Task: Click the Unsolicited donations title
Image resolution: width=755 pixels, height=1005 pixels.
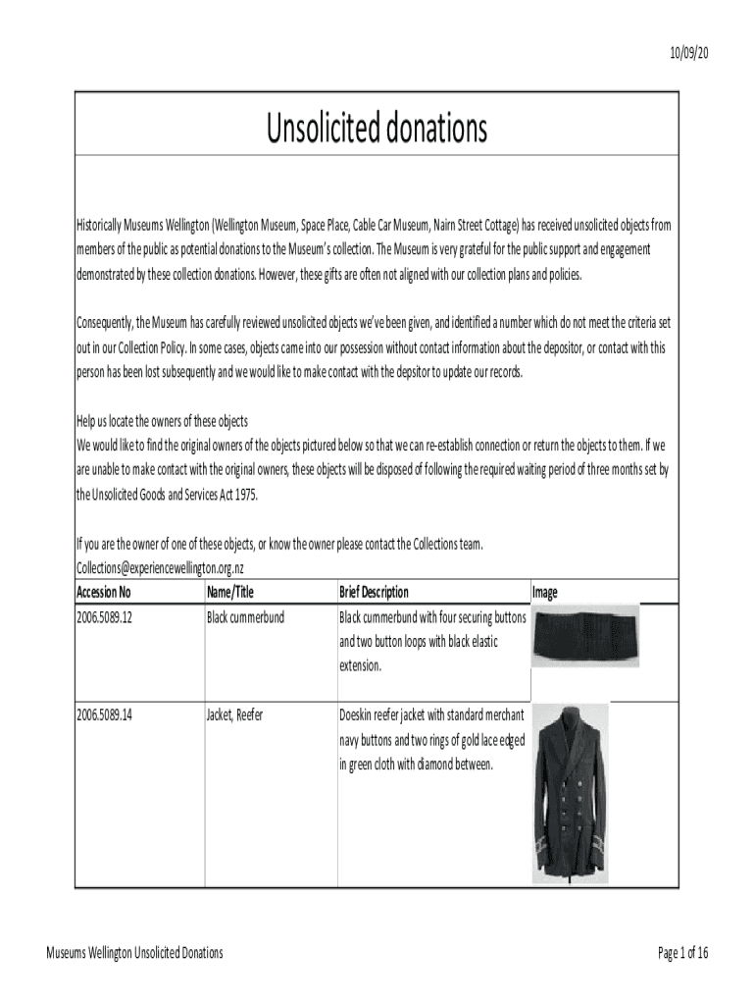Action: pyautogui.click(x=377, y=128)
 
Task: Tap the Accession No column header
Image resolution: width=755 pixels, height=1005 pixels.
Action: pyautogui.click(x=103, y=592)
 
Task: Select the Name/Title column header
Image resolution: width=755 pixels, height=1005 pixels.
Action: pyautogui.click(x=230, y=592)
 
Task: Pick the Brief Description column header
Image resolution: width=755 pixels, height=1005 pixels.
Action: pyautogui.click(x=374, y=592)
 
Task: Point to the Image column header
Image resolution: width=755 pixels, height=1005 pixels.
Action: pyautogui.click(x=544, y=592)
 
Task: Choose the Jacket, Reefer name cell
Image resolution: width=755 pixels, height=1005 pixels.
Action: pyautogui.click(x=234, y=715)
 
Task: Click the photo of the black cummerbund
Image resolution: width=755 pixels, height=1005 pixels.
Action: pyautogui.click(x=585, y=635)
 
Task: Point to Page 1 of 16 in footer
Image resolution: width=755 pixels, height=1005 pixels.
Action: pyautogui.click(x=683, y=953)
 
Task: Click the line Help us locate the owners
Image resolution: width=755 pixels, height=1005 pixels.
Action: pyautogui.click(x=156, y=421)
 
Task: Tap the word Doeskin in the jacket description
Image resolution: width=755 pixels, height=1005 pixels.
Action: pyautogui.click(x=359, y=715)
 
